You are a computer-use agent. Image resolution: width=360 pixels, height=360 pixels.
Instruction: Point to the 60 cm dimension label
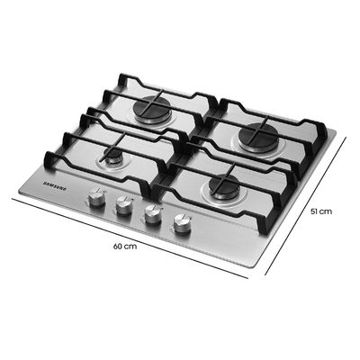[127, 246]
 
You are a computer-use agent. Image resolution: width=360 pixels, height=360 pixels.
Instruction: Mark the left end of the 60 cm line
[12, 198]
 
